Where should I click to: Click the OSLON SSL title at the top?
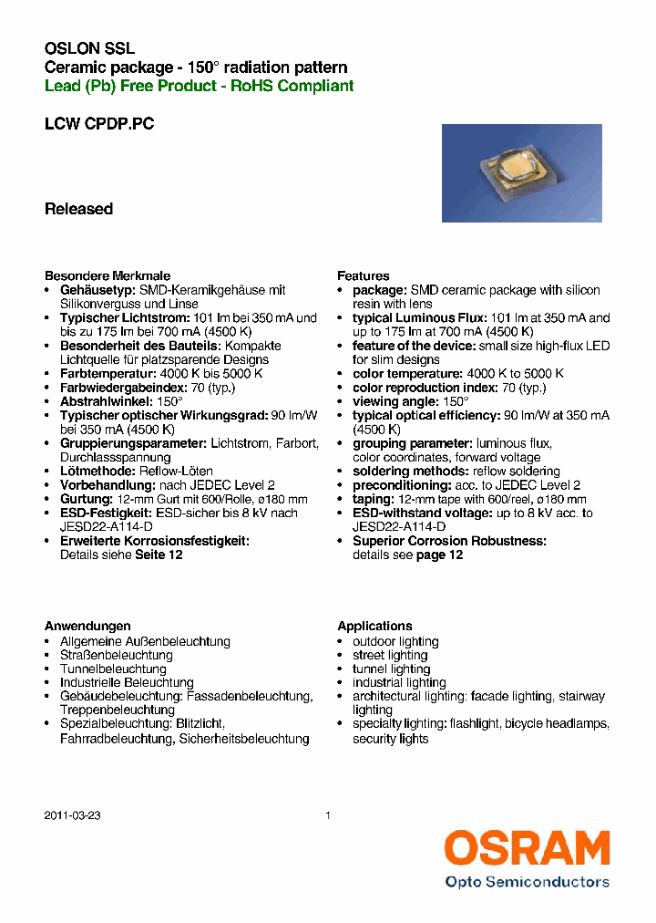click(x=90, y=49)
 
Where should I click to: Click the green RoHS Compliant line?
click(x=200, y=86)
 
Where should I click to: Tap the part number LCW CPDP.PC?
click(x=99, y=124)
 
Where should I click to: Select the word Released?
click(x=79, y=209)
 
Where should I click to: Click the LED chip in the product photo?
click(x=516, y=170)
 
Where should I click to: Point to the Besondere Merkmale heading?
click(x=108, y=275)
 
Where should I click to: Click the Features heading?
click(x=364, y=275)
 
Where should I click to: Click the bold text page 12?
click(x=440, y=555)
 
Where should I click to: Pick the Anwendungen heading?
click(x=88, y=626)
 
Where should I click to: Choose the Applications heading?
click(x=374, y=626)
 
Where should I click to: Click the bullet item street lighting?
click(x=390, y=655)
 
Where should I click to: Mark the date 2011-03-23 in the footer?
click(x=73, y=816)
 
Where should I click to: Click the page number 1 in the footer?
click(x=328, y=816)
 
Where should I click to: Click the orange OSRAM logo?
click(x=527, y=848)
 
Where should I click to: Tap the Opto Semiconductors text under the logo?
click(x=527, y=882)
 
